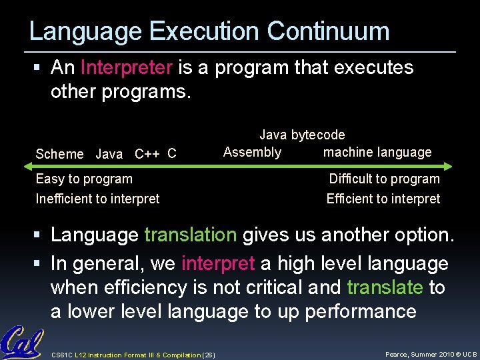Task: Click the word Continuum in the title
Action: coord(328,31)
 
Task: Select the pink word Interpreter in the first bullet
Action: coord(127,67)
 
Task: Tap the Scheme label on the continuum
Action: coord(59,154)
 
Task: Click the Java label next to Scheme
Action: coord(109,154)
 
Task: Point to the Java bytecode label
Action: coord(302,135)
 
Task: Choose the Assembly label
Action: coord(252,152)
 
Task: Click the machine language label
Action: coord(377,152)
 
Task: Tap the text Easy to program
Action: coord(84,179)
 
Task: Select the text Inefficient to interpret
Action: coord(97,199)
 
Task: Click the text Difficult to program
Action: coord(384,179)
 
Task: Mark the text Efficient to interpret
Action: coord(383,199)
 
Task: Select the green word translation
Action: coord(191,235)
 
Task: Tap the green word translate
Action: coord(385,287)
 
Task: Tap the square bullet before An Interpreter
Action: coord(41,68)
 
